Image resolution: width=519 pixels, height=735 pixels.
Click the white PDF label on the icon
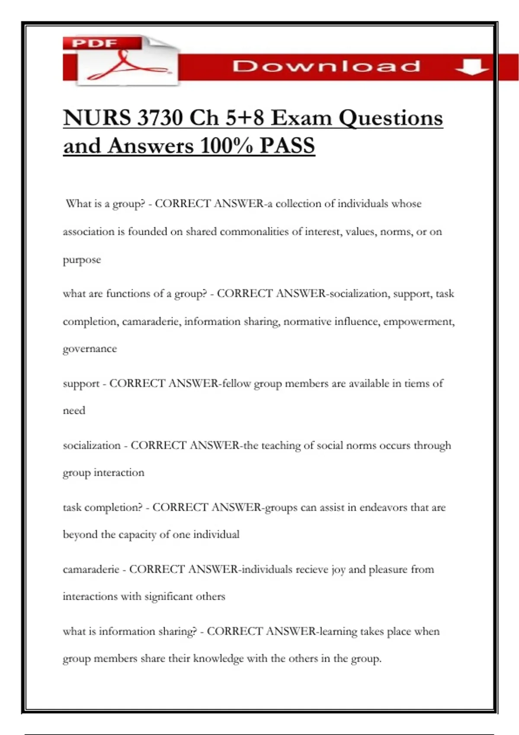(95, 43)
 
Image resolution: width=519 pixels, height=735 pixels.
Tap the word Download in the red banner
(326, 66)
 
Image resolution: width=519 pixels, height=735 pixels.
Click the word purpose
(82, 260)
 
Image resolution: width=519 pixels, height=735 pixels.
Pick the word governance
(90, 349)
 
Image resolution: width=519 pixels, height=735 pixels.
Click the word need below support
(74, 411)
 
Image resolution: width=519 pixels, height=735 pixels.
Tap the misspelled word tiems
(416, 383)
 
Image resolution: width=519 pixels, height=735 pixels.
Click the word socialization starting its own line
(92, 445)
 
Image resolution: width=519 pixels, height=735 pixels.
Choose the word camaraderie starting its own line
(91, 569)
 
